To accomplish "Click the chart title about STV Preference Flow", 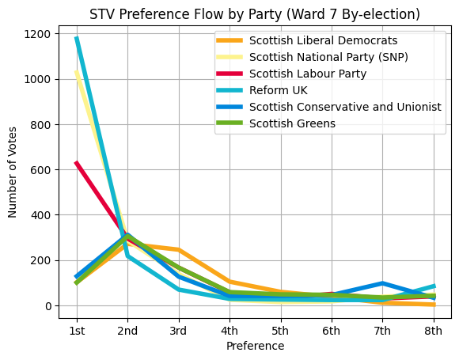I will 254,14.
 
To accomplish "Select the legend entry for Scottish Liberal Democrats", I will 323,40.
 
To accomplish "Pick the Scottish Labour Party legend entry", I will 313,74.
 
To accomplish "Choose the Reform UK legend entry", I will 278,90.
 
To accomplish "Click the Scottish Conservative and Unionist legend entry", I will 344,107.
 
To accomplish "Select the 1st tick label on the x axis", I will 77,330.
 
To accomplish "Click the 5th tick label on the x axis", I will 280,330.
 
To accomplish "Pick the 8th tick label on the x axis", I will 433,330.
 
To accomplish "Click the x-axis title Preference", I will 255,346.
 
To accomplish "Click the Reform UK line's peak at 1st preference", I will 77,38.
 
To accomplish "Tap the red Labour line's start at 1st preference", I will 77,163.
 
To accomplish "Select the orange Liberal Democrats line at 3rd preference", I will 179,250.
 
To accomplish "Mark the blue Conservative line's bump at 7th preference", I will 382,283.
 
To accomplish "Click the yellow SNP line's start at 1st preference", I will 77,73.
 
